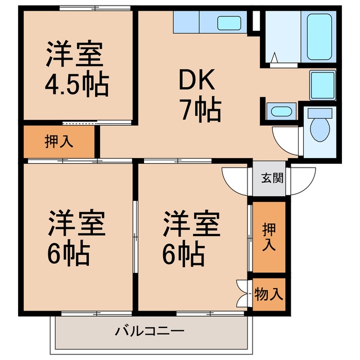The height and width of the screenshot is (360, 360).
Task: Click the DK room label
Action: point(197,79)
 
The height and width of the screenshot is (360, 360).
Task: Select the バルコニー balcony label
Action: point(150,331)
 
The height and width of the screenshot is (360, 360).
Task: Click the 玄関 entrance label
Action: point(272,178)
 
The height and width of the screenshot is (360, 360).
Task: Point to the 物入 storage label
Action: point(269,294)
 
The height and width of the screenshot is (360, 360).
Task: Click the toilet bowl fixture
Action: point(320,130)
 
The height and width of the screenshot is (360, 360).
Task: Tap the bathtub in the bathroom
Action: point(319,37)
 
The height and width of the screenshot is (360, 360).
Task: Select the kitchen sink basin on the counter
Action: point(229,23)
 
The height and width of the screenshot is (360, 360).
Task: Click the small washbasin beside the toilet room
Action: point(281,112)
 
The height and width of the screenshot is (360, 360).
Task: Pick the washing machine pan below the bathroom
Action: point(322,85)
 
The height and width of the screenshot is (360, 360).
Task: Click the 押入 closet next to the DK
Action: point(59,142)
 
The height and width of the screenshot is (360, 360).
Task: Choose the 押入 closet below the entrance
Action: point(269,237)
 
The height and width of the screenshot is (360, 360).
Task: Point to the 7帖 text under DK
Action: point(201,109)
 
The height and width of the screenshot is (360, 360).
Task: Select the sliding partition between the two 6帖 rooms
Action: point(136,237)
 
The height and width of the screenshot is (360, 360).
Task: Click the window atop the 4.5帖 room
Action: point(95,8)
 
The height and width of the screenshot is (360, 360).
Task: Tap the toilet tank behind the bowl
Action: point(320,113)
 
